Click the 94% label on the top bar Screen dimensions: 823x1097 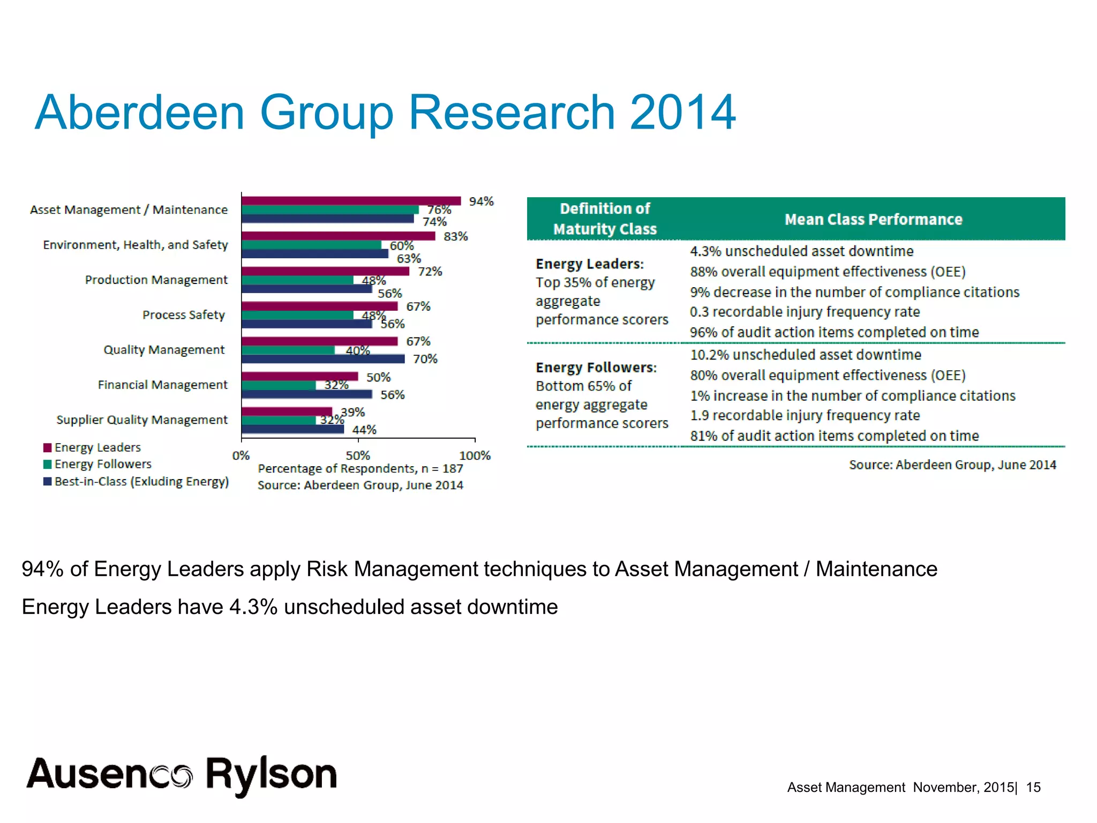[481, 201]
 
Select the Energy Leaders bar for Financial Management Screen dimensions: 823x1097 [299, 376]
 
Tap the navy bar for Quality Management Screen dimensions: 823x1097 [322, 358]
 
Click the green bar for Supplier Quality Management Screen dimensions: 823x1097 [279, 420]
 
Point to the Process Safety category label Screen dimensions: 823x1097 [183, 315]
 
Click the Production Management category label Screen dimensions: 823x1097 [156, 280]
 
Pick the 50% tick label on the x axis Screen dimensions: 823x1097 [357, 455]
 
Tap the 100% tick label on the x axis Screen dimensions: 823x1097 [475, 455]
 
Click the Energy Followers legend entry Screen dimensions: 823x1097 [102, 464]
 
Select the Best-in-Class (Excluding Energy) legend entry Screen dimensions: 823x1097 [141, 481]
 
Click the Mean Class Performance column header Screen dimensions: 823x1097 [873, 219]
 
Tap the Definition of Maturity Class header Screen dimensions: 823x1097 [605, 219]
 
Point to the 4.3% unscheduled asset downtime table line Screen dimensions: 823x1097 [801, 251]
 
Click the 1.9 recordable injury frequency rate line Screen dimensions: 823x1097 [805, 415]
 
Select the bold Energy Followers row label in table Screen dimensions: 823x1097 [596, 367]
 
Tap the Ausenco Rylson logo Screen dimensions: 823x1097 [182, 775]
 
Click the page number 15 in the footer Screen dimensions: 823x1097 [1033, 787]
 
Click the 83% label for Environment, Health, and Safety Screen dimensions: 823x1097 [455, 236]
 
